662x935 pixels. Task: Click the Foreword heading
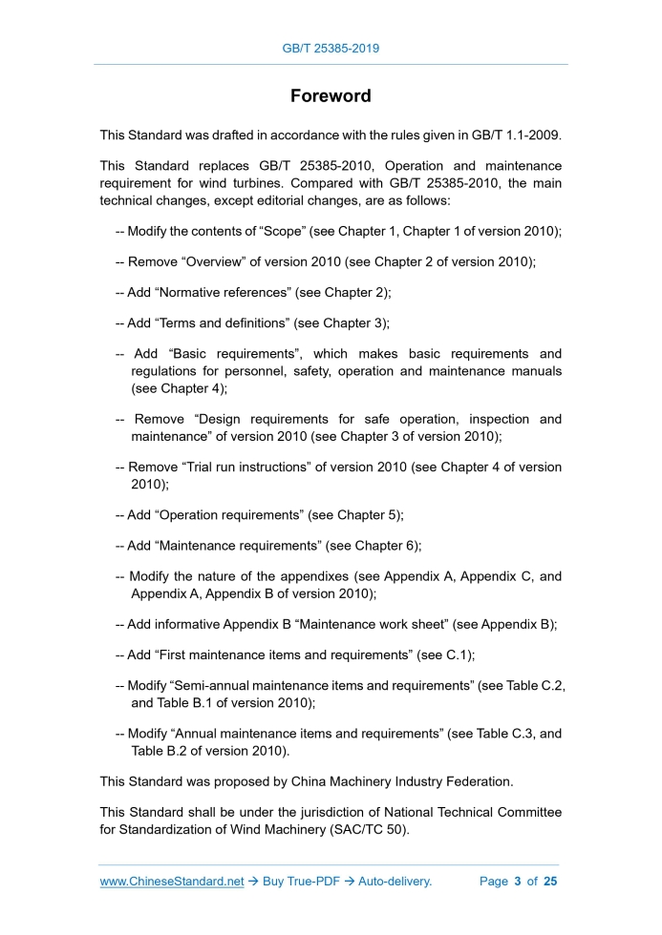coord(331,96)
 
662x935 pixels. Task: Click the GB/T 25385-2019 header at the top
coord(331,48)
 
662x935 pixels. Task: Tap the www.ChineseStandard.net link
coord(172,881)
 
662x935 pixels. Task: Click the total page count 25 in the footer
coord(549,881)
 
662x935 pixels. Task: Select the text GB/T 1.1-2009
coord(516,135)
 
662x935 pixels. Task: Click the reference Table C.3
coord(506,734)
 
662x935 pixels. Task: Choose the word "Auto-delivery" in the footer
coord(395,881)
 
